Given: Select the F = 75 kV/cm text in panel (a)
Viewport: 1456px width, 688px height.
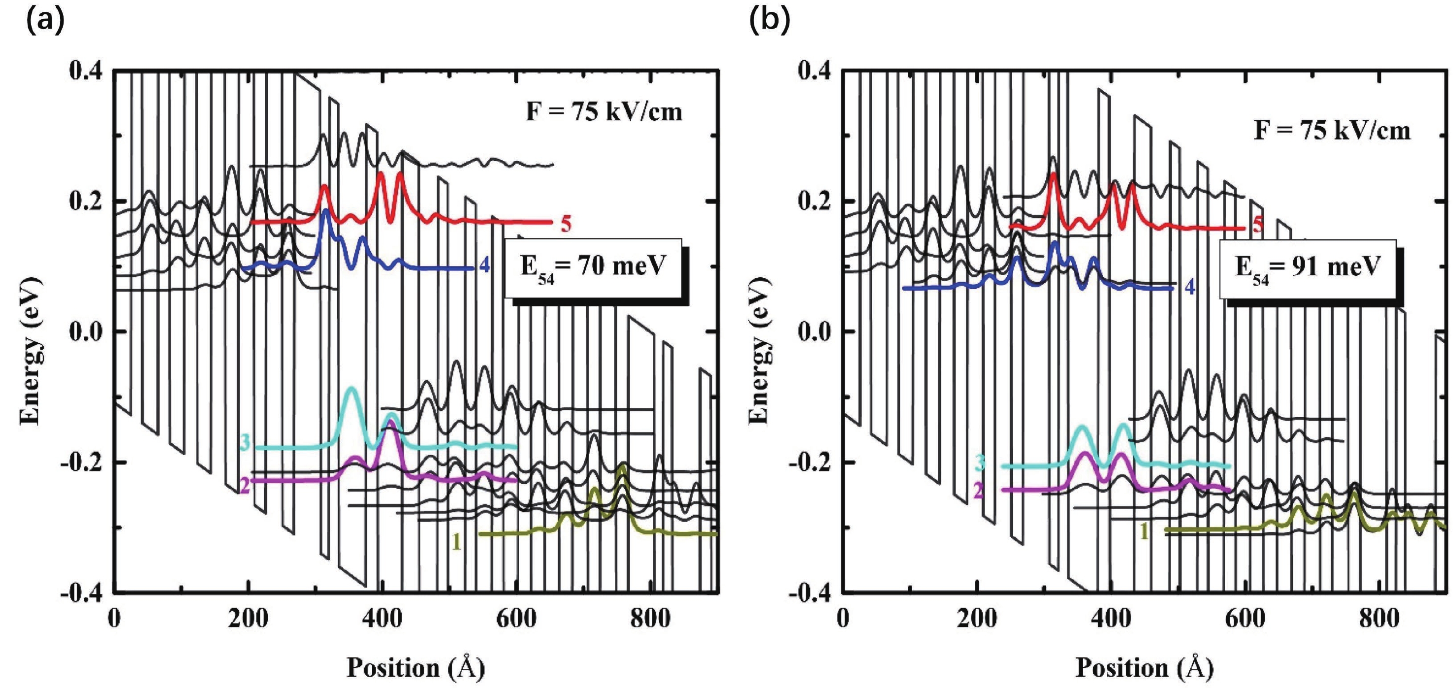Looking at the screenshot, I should [604, 111].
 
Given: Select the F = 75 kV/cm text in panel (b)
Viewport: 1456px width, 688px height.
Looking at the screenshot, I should [1332, 131].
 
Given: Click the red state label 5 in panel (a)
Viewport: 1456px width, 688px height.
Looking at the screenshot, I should [566, 224].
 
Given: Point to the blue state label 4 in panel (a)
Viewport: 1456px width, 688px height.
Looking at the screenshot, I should [484, 265].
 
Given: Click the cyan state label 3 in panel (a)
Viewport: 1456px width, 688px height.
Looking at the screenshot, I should [245, 442].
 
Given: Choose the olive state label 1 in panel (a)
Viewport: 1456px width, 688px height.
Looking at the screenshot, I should [456, 543].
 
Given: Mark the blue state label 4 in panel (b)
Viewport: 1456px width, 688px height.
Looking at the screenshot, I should [1190, 287].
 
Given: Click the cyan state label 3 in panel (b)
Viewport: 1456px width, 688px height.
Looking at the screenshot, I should [980, 463].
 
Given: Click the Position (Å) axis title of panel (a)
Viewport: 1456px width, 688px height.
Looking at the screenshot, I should [416, 668].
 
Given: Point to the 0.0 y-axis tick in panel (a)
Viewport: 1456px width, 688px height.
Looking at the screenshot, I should [85, 331].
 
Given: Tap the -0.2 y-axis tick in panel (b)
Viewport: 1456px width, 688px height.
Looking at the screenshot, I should [812, 462].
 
